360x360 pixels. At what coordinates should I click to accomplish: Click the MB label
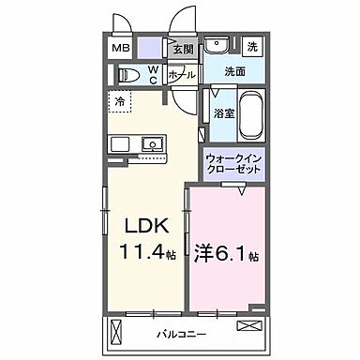(x=123, y=48)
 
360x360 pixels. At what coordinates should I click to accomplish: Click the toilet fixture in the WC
(x=131, y=74)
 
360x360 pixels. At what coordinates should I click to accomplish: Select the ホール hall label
(x=181, y=74)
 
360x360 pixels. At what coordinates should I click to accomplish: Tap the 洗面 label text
(x=236, y=71)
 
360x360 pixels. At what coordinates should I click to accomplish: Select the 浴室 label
(x=222, y=112)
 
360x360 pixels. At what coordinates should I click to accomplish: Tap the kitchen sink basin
(x=152, y=144)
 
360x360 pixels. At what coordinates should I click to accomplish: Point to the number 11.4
(x=141, y=253)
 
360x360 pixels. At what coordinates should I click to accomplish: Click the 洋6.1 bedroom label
(x=225, y=254)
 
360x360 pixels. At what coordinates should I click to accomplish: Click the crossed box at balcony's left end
(x=116, y=331)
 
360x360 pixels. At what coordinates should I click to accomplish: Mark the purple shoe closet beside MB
(x=151, y=48)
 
